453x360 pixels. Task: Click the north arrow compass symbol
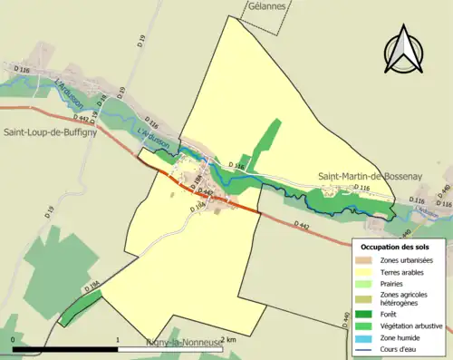[x=405, y=51]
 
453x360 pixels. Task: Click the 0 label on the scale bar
[x=14, y=338]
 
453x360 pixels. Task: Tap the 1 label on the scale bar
[x=118, y=338]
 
